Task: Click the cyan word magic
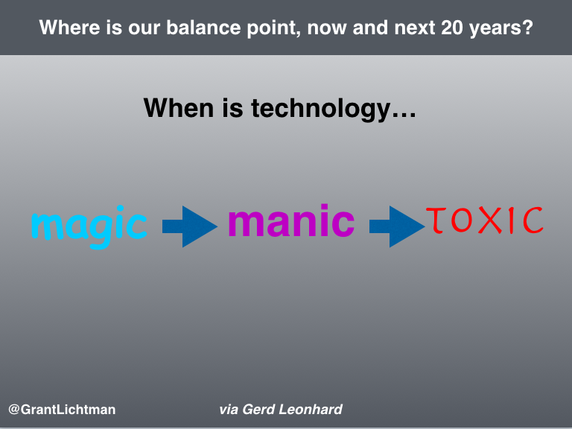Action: pos(89,227)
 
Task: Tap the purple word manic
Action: pos(291,220)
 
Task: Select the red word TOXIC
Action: pos(485,220)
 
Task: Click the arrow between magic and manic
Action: pos(190,226)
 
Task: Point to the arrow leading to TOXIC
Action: pos(397,226)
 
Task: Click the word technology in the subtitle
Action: pos(321,109)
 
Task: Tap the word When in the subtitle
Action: pos(179,108)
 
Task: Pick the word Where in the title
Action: pos(70,28)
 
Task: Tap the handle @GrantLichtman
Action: pos(62,410)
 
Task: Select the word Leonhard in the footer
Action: pos(311,410)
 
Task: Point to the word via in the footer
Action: pos(229,410)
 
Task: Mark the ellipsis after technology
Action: pos(404,115)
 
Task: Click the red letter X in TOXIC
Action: pos(490,220)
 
